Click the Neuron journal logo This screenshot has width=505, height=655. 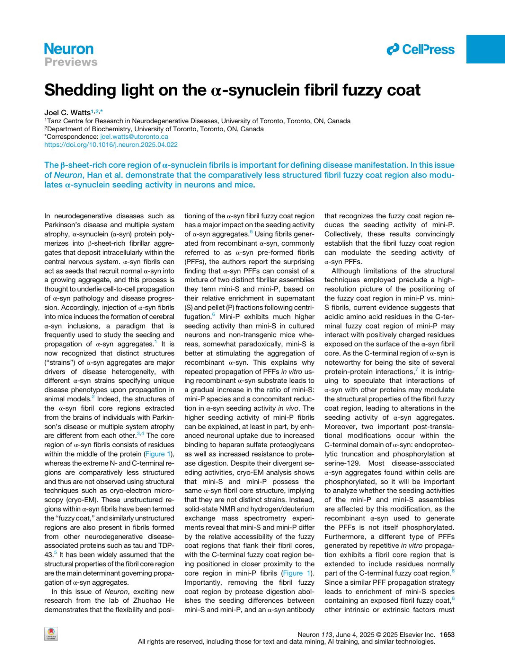[69, 49]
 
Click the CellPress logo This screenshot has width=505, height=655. [420, 50]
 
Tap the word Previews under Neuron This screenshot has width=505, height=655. [71, 62]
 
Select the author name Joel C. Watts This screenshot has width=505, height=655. [67, 112]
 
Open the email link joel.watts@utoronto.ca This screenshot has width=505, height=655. [134, 137]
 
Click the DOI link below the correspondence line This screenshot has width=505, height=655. [111, 145]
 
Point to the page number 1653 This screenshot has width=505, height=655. [447, 634]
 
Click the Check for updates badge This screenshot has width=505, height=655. [51, 634]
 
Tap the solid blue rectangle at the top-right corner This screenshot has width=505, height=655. [486, 49]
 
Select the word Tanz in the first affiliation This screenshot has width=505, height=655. [55, 121]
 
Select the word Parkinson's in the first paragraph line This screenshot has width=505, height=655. [64, 225]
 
